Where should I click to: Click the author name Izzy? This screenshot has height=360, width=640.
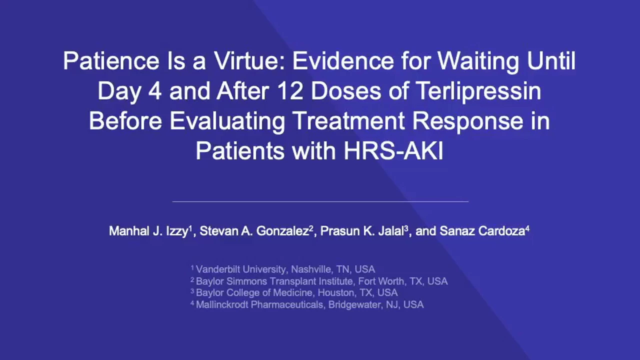click(x=177, y=231)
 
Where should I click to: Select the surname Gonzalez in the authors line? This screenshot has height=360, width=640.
click(x=283, y=231)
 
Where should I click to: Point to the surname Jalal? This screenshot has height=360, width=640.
click(x=391, y=231)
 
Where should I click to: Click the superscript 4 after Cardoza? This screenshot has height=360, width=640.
click(x=527, y=228)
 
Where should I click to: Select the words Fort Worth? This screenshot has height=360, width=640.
click(x=381, y=281)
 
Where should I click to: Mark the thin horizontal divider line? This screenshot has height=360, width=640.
click(x=320, y=201)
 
